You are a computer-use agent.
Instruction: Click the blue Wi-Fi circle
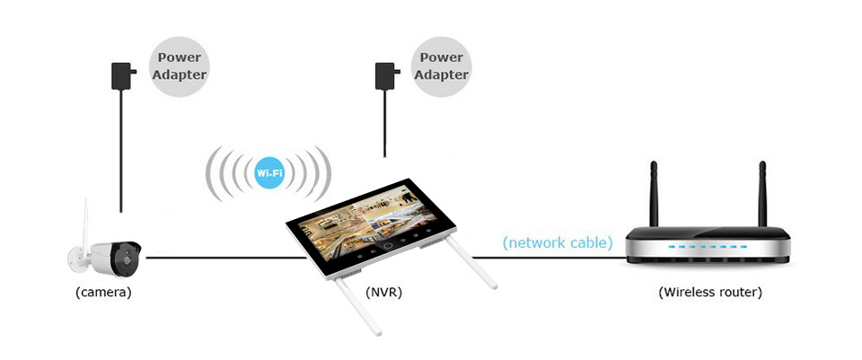pyautogui.click(x=269, y=171)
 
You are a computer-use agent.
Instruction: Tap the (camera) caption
pyautogui.click(x=103, y=292)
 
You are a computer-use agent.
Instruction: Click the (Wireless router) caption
pyautogui.click(x=709, y=292)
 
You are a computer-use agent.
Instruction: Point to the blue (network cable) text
pyautogui.click(x=558, y=242)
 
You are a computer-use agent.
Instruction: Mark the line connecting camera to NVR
pyautogui.click(x=224, y=259)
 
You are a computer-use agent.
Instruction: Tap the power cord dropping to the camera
pyautogui.click(x=121, y=153)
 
